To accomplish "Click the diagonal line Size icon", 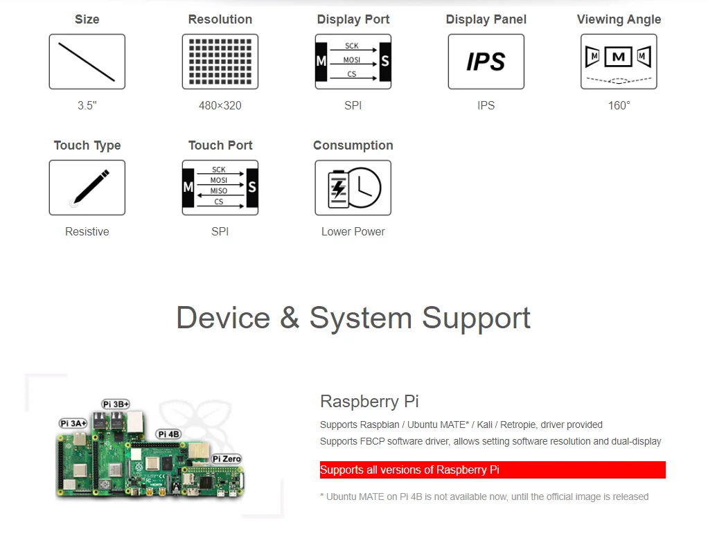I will tap(87, 62).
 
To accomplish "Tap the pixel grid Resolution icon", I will tap(220, 62).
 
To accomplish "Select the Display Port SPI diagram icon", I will tap(353, 62).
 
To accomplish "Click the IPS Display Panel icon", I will tap(486, 62).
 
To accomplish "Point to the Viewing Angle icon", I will tap(619, 62).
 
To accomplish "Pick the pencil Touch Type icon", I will tap(87, 188).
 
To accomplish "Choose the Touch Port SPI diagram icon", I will tap(220, 188).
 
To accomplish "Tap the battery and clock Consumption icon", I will tap(353, 188).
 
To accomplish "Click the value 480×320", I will tap(220, 106).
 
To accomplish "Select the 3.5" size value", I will tap(87, 106).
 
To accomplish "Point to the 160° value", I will tap(619, 106).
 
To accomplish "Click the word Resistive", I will tap(87, 232).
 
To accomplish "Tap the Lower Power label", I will tap(353, 232).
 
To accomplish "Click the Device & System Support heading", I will tap(353, 318).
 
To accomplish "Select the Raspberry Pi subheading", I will tap(369, 402).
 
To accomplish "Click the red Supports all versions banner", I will tap(493, 470).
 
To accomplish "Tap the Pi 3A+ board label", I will tap(73, 423).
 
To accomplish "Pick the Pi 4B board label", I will tap(168, 434).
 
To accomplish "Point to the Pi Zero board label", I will tap(227, 458).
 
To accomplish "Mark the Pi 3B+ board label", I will tap(116, 404).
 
